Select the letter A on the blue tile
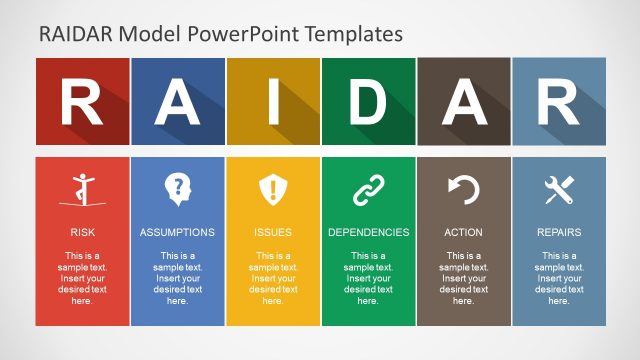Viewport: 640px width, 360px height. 177,101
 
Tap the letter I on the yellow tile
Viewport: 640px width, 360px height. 272,101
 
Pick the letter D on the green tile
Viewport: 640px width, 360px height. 368,101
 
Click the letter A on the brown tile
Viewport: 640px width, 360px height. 463,101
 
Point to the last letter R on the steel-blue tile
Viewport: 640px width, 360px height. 558,101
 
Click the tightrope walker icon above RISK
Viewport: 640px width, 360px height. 82,189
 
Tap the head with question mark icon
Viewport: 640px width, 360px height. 177,188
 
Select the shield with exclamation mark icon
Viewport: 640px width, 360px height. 272,189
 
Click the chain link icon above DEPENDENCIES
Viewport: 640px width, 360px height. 368,189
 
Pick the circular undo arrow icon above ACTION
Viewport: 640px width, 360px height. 463,189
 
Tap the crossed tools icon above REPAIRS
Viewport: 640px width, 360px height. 558,189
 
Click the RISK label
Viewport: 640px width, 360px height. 82,232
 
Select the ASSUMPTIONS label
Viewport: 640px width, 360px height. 177,232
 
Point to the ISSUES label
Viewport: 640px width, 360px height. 272,232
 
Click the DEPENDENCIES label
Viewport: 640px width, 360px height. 368,232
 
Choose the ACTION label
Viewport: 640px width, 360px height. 463,232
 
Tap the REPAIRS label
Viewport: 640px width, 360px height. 558,232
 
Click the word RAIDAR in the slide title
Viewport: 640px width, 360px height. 76,34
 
